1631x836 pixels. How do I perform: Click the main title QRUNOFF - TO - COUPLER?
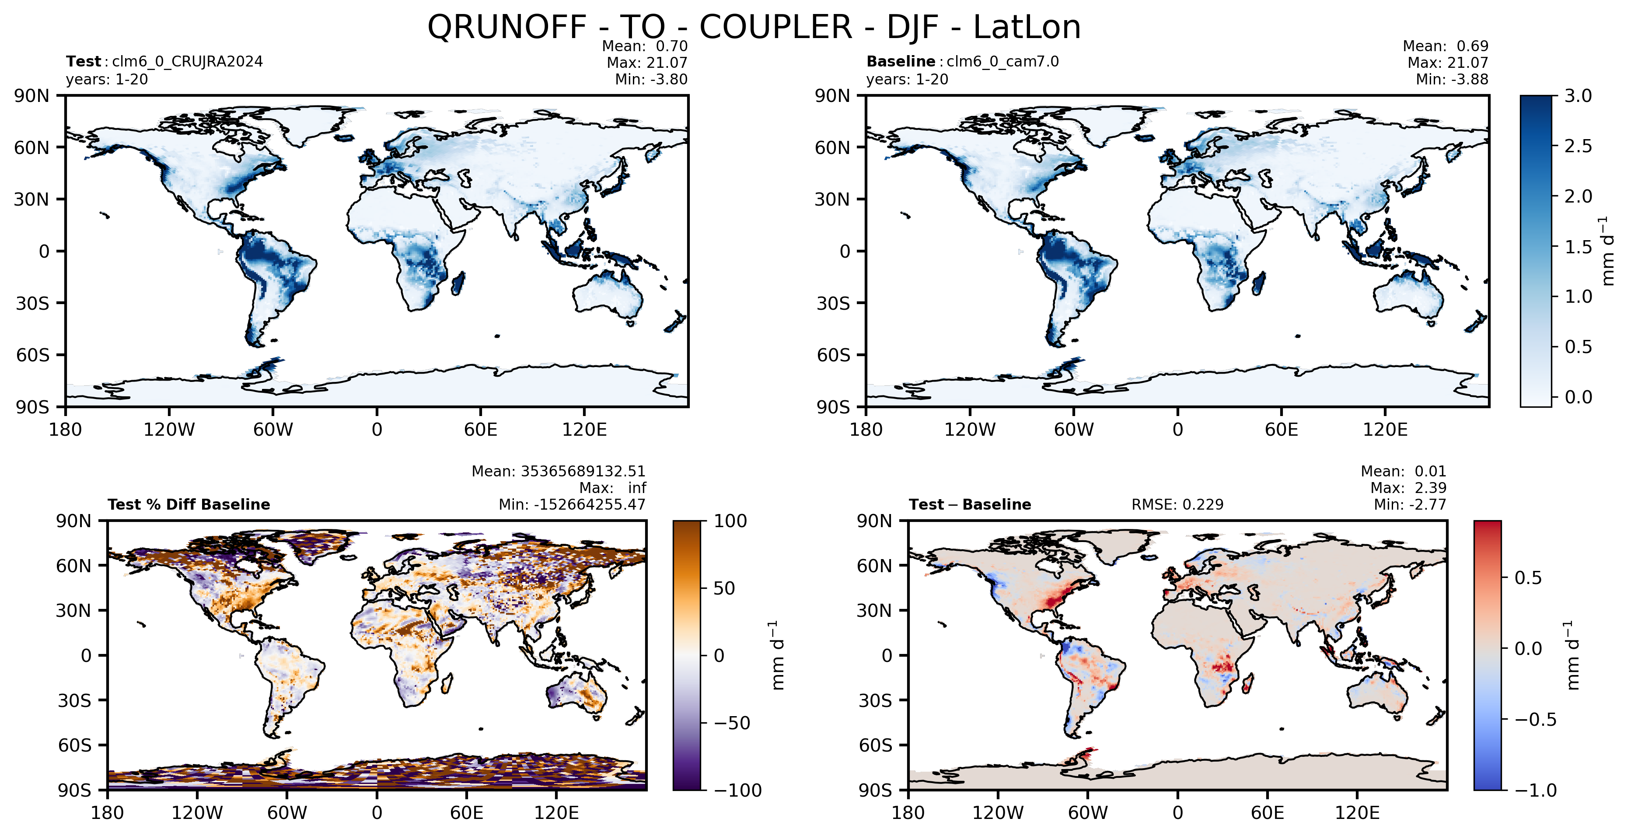point(640,27)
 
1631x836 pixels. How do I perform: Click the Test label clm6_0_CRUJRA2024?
point(187,61)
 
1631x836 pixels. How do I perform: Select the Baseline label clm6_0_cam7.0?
point(1002,61)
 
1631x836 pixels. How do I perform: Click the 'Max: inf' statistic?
point(613,488)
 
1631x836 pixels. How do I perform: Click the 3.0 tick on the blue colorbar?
point(1578,96)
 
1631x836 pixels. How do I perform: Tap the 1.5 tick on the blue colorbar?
point(1578,246)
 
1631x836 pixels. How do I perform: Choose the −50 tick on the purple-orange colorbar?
point(732,723)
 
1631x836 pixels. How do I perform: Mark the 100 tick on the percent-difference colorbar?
point(731,521)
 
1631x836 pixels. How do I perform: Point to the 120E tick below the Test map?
point(584,430)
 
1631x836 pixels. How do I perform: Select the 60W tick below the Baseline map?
point(1074,430)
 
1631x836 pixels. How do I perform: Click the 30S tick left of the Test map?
point(32,303)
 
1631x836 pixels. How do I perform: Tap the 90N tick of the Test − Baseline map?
point(874,521)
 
